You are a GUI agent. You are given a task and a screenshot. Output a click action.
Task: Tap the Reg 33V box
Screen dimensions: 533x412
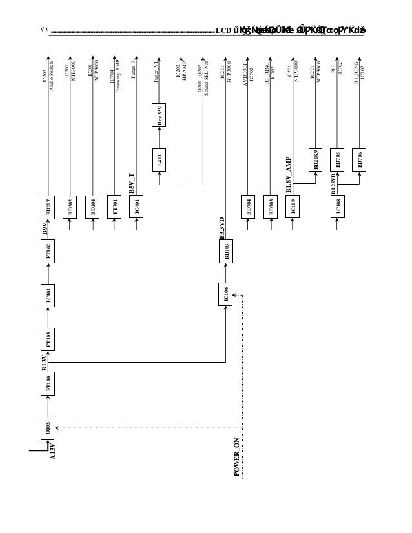coord(160,115)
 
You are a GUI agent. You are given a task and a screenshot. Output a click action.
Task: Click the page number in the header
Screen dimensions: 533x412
coord(44,30)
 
